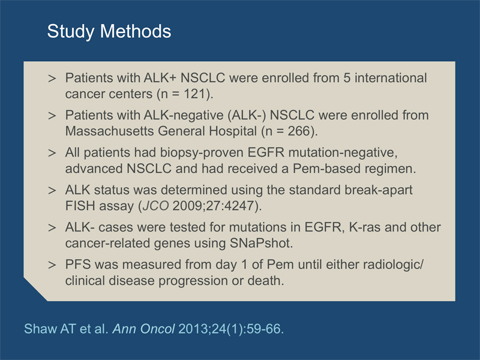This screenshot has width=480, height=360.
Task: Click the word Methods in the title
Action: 136,31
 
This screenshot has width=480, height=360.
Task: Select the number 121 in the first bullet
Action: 194,94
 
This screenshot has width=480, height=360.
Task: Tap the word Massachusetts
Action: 109,131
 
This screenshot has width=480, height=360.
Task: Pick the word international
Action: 391,78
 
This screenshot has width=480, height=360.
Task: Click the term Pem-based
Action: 325,169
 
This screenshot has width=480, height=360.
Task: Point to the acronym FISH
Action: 80,206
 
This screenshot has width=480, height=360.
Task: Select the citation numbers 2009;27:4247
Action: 214,206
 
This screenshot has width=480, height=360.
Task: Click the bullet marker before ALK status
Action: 52,190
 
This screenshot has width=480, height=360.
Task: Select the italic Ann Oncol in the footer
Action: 143,329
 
